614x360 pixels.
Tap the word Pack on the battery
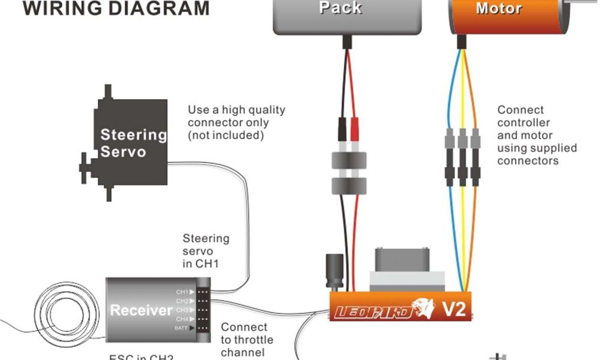coord(340,8)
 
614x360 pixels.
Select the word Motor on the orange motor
coord(498,8)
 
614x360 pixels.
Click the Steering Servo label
coord(133,143)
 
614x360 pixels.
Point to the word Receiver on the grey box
coord(141,310)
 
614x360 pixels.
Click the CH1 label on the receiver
coord(182,292)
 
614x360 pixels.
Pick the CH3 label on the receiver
coord(182,310)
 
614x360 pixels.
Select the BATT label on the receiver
coord(182,328)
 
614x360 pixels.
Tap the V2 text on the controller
coord(454,310)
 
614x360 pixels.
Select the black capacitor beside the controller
coord(334,273)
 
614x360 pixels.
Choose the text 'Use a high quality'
coord(236,110)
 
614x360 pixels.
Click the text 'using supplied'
coord(537,148)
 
